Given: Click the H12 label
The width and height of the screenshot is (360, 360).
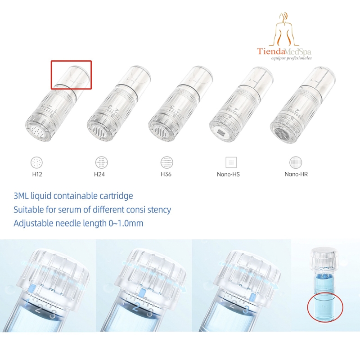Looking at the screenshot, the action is coord(37,174).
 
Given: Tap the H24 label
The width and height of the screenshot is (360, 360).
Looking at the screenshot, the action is coord(99,174).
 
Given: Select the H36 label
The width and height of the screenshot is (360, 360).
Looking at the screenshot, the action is coord(166,174).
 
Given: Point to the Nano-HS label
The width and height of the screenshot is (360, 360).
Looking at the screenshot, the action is coord(228,175).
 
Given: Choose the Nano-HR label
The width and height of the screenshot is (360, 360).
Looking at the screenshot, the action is coord(296,174).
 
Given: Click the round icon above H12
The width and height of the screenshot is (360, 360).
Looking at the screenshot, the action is coord(37,162).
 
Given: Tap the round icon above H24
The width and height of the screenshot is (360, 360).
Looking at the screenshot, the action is coord(102,162).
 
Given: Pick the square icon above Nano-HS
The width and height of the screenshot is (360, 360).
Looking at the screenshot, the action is coord(231,162).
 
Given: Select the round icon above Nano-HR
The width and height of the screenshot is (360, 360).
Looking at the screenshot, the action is coord(296,162).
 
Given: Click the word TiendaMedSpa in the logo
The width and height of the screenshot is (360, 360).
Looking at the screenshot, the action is coord(284,51).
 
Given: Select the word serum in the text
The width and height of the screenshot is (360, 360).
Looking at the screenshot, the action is coord(69,210).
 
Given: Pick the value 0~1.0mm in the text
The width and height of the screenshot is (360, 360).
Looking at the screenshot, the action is coord(126,223).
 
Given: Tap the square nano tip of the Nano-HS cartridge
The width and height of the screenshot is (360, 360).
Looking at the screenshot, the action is coord(221,132).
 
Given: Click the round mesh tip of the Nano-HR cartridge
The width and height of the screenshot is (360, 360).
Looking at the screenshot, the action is coord(283,133).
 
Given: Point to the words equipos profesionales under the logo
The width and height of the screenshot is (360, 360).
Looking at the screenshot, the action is coord(291,58).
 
